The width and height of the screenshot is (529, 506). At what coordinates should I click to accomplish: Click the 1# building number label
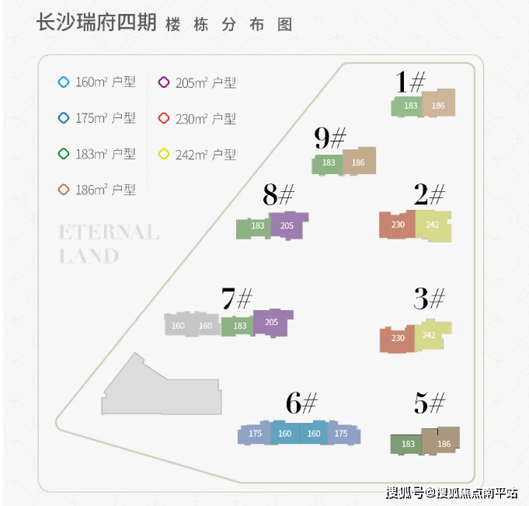coord(410,82)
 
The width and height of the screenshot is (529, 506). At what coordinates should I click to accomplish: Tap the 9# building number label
coord(330,138)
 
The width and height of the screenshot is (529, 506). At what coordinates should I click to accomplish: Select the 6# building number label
coord(301,403)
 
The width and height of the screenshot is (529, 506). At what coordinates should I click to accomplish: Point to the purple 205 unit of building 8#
coord(288,225)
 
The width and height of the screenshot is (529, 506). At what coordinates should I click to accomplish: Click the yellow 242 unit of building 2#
coord(433,225)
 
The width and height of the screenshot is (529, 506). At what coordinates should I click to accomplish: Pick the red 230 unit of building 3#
coord(397,339)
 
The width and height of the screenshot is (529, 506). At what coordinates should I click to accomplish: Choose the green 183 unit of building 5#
coord(406,444)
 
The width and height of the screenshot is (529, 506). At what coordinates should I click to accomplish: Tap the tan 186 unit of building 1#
coord(438,103)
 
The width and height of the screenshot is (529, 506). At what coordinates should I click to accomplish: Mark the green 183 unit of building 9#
coord(327,164)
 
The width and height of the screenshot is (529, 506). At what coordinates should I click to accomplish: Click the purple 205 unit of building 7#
coord(273,323)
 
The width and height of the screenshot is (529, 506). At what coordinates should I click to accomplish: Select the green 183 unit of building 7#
coord(238,326)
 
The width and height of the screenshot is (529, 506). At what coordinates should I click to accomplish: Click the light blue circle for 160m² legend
coord(64,82)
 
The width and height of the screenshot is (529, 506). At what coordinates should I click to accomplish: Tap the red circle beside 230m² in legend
coord(164,118)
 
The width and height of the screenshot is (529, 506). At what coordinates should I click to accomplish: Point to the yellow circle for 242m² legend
coord(164,154)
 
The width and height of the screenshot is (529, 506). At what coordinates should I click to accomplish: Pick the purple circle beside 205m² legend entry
coord(164,82)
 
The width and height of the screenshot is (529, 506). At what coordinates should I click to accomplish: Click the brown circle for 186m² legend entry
coord(64,190)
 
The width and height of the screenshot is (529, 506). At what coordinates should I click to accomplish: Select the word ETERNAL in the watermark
coord(109,232)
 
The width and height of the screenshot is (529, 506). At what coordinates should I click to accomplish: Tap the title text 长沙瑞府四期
coord(96,23)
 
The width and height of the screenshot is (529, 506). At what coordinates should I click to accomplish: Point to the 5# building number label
coord(430,403)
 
